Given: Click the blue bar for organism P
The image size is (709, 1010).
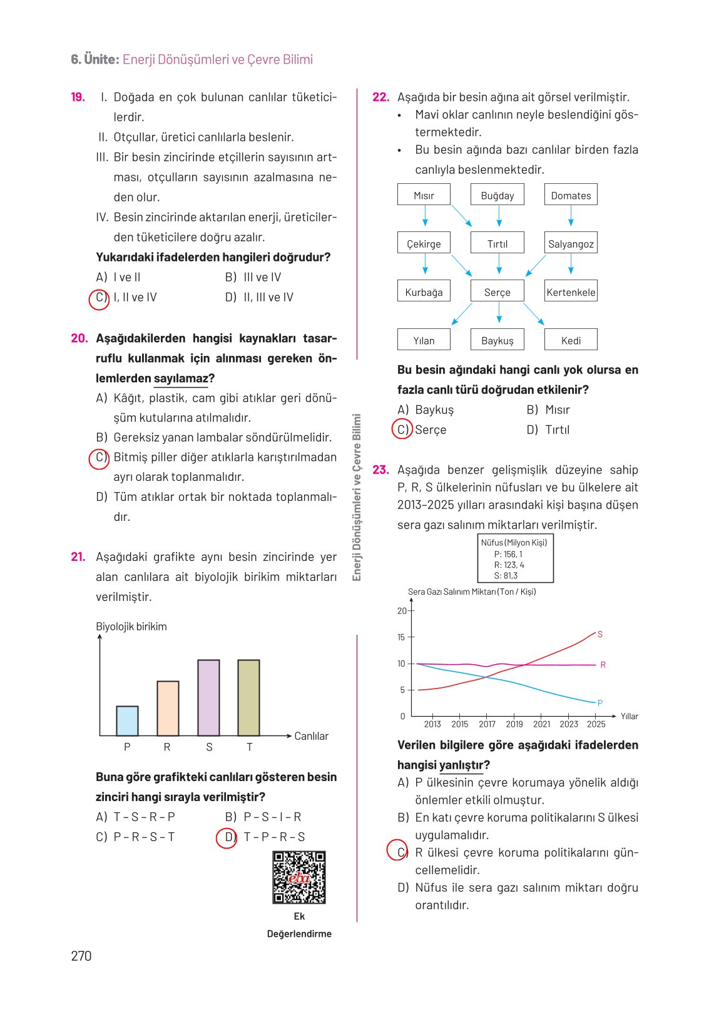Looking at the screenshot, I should (127, 721).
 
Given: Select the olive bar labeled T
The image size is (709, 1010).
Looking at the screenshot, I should (248, 697).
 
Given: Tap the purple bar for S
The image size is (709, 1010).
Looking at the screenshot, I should (208, 697).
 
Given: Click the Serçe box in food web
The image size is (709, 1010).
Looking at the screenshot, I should (497, 292).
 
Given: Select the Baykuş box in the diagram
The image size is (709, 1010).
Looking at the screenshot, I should (497, 340).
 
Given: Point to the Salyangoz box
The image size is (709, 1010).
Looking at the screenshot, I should (571, 244).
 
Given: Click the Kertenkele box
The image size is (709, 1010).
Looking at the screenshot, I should (571, 292).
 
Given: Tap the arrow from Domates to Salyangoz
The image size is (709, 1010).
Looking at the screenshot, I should (571, 216).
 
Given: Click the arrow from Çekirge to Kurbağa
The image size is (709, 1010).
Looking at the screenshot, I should (425, 264).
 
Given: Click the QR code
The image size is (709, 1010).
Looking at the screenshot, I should (299, 877).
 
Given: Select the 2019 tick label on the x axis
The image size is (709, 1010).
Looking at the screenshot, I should (514, 724).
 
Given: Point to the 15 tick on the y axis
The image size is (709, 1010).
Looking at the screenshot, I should (401, 637).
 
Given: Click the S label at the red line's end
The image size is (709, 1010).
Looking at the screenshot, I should (600, 634).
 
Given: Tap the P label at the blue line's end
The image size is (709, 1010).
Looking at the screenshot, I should (600, 703).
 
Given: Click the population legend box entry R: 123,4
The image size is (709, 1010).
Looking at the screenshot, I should (509, 565).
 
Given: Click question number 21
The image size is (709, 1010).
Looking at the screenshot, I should (78, 557).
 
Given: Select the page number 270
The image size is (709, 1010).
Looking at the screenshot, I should (81, 956).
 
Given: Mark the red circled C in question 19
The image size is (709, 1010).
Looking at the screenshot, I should (99, 298).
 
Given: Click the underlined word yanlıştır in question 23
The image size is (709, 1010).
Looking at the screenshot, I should (461, 765).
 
